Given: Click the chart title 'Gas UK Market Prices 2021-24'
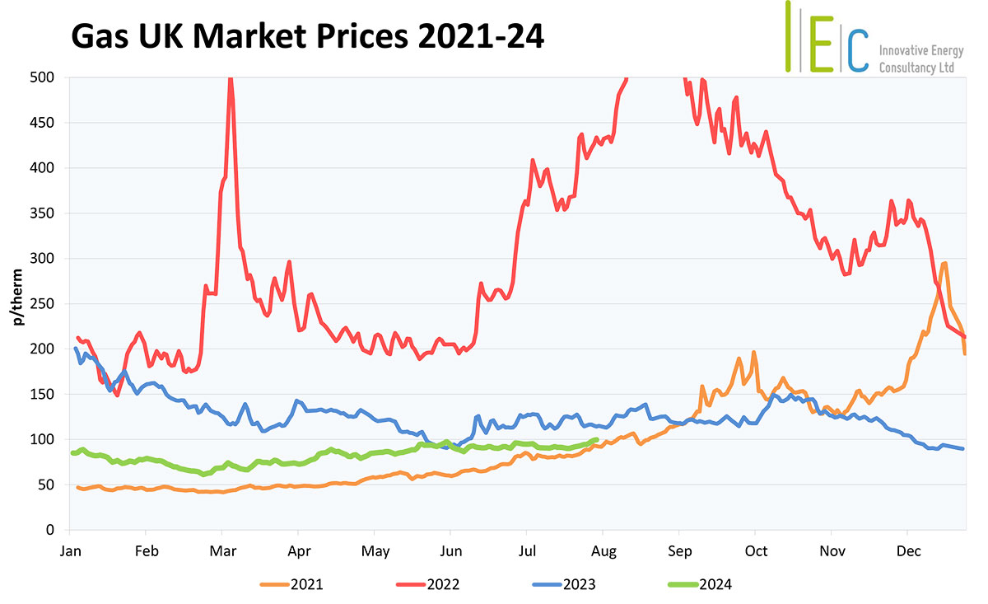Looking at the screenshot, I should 308,38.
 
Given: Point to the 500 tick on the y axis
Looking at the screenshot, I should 44,77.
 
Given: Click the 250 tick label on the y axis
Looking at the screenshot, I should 44,304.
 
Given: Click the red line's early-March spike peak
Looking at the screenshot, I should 231,78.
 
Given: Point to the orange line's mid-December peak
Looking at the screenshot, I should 944,263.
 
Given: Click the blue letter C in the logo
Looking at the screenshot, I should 857,51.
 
